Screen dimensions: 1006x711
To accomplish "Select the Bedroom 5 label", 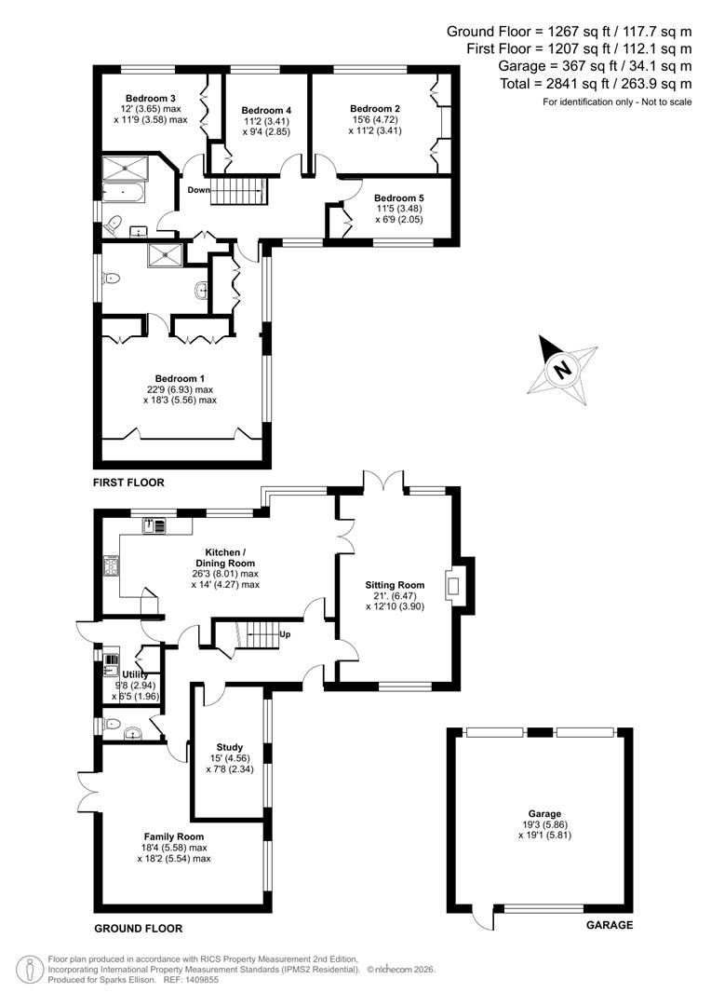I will coord(398,197).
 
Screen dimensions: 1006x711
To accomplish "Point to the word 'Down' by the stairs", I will coord(198,190).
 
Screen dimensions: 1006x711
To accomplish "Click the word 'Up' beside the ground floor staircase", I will coord(285,634).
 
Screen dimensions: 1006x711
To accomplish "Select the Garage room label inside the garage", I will coord(544,813).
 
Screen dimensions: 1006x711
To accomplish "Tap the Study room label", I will coord(229,747).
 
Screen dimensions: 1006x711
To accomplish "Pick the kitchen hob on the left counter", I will coord(111,565).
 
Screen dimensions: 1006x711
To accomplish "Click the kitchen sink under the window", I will coord(154,526).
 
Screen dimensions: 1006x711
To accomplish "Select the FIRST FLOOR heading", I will coord(128,483).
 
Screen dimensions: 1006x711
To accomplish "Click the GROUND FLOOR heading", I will coord(138,929).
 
